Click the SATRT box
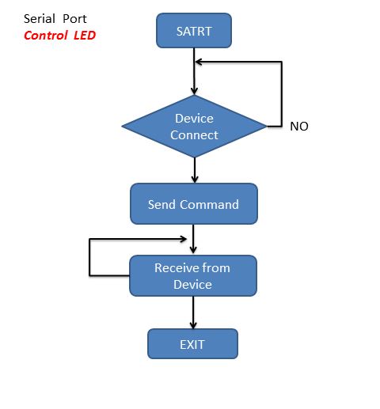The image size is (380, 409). pyautogui.click(x=194, y=31)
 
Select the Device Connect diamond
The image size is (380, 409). pyautogui.click(x=194, y=126)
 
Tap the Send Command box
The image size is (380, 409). pyautogui.click(x=194, y=204)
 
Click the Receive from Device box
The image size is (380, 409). pyautogui.click(x=193, y=275)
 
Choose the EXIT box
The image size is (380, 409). pyautogui.click(x=192, y=344)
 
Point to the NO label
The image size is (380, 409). pyautogui.click(x=299, y=127)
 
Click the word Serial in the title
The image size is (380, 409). pyautogui.click(x=40, y=19)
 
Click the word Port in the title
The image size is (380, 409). pyautogui.click(x=74, y=19)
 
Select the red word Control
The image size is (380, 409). pyautogui.click(x=46, y=36)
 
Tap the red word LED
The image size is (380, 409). pyautogui.click(x=85, y=36)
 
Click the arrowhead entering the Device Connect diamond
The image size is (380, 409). pyautogui.click(x=195, y=91)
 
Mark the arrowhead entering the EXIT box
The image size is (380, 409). pyautogui.click(x=193, y=325)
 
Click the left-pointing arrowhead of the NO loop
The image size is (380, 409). pyautogui.click(x=199, y=62)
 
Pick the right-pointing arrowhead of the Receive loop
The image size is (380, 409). pyautogui.click(x=183, y=239)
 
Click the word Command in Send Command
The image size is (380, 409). pyautogui.click(x=210, y=204)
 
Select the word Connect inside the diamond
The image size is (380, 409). pyautogui.click(x=194, y=135)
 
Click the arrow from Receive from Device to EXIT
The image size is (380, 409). pyautogui.click(x=193, y=312)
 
